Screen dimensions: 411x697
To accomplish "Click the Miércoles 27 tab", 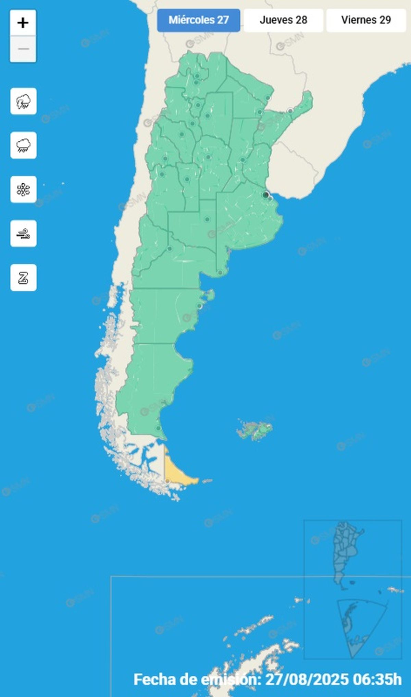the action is coord(199,20).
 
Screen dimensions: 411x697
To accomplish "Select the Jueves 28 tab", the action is coord(283,20).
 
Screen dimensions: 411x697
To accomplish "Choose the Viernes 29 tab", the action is coord(366,20).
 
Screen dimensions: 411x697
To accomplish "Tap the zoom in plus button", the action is coord(23,23).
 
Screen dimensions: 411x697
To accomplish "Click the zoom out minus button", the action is coord(23,49).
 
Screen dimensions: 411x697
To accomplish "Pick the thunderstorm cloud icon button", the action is coord(23,101).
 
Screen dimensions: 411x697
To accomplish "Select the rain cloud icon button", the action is coord(23,145).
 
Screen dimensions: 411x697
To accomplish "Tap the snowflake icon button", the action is coord(23,189).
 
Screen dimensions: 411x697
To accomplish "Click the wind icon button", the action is coord(23,234).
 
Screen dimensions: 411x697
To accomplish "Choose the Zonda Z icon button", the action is coord(23,278).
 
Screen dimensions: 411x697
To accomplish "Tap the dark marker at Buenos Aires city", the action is coord(265,195).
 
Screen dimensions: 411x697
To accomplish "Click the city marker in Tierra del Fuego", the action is coord(167,481).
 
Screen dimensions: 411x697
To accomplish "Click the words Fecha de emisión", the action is coord(195,679).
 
